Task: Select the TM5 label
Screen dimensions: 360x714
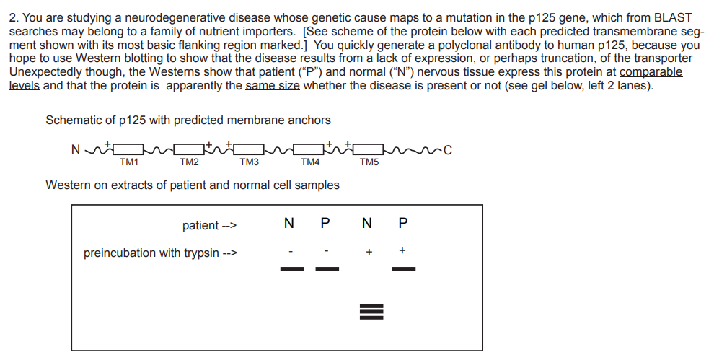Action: [369, 162]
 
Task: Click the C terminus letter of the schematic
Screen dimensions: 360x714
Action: [448, 151]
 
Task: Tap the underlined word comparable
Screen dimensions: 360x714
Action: [651, 72]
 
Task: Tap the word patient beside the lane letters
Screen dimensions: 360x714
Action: [200, 226]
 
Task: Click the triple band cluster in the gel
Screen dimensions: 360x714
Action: [369, 312]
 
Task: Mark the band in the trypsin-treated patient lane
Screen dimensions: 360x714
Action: [403, 269]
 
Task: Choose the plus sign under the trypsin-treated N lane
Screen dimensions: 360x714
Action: [369, 253]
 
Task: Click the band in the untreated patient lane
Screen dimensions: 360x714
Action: [327, 269]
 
